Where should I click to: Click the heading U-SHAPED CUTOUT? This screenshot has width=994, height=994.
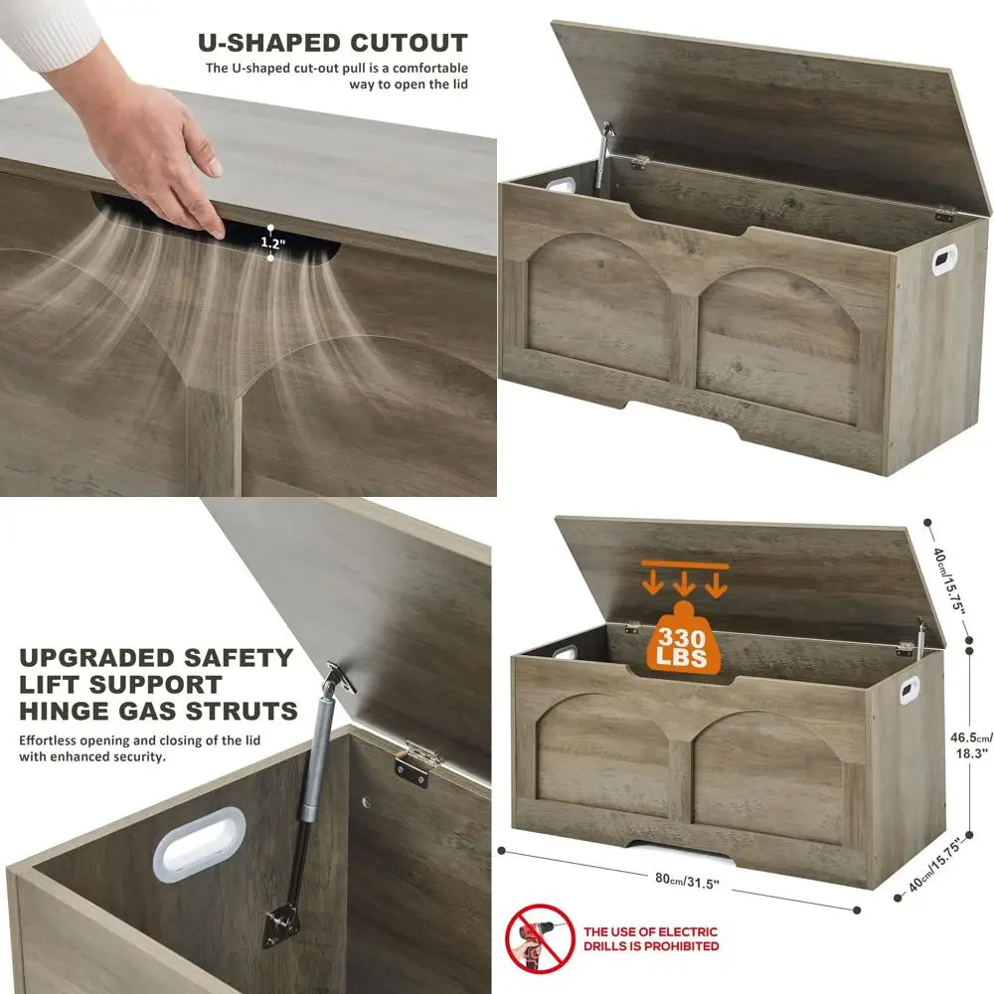point(332,43)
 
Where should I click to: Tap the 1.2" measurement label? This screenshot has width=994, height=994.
point(270,242)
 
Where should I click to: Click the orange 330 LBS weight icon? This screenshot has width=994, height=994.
point(683,640)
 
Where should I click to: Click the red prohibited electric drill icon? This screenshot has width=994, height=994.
point(540,938)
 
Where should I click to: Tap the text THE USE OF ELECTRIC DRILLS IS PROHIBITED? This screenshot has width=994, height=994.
point(651,939)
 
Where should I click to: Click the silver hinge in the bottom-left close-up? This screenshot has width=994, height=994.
point(418,761)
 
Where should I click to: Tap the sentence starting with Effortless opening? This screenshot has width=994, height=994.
point(130,748)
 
